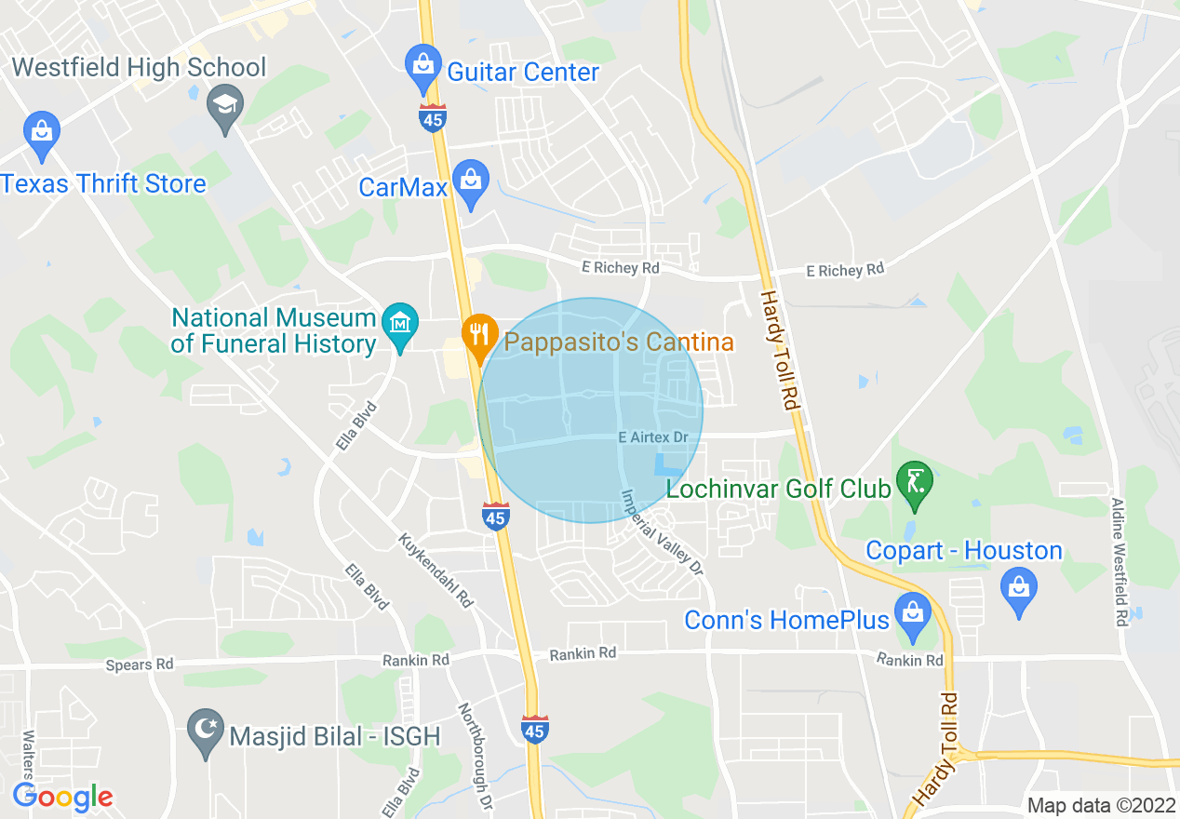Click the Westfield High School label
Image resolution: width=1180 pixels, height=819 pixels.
140,68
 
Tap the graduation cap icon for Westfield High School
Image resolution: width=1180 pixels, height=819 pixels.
225,103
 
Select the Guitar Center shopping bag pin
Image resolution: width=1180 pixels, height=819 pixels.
423,66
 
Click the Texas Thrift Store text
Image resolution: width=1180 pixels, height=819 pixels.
103,183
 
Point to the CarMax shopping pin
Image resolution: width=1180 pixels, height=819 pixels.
472,181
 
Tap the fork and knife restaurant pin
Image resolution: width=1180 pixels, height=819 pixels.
479,336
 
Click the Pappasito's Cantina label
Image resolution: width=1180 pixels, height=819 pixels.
619,342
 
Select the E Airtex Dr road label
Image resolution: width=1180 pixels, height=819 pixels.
652,437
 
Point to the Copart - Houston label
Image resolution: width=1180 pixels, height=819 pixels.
964,550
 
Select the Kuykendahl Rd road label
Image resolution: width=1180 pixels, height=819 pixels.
436,571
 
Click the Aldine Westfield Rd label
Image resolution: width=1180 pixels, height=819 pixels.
1120,561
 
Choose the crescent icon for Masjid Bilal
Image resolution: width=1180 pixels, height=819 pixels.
205,731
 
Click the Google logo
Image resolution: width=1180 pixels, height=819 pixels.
62,797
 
